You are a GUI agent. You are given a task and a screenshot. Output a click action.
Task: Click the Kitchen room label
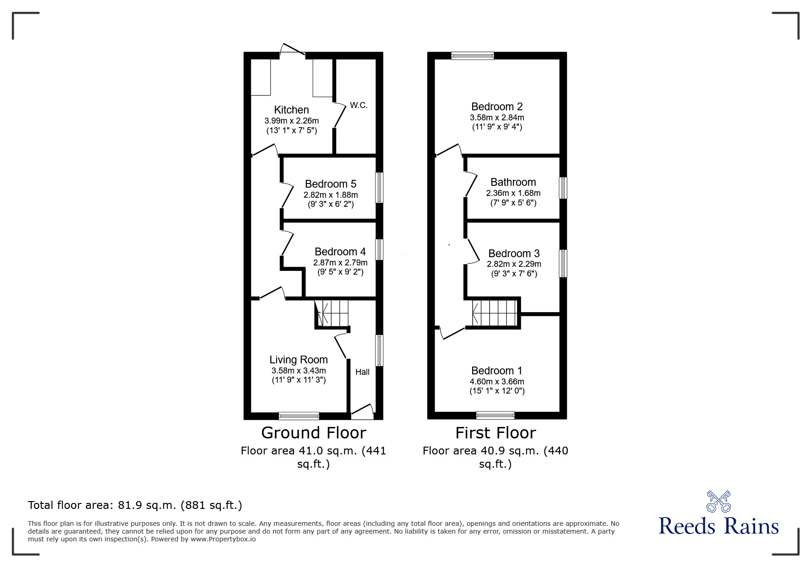click(291, 110)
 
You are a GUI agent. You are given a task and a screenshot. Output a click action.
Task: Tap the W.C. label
click(359, 105)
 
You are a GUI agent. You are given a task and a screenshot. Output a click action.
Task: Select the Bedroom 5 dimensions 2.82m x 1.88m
click(331, 194)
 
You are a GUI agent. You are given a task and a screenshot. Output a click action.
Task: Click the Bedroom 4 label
click(340, 252)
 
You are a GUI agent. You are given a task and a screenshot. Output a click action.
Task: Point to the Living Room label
click(298, 360)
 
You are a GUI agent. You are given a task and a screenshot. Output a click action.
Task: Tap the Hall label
click(362, 372)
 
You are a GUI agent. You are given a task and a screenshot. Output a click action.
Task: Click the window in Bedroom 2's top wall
click(473, 56)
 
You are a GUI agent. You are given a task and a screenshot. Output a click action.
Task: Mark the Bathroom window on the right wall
click(563, 188)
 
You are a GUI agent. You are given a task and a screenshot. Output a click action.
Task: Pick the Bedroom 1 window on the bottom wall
click(495, 415)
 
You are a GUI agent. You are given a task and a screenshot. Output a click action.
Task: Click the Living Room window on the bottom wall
click(299, 416)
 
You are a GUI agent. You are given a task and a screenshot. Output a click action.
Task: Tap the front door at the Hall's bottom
click(362, 411)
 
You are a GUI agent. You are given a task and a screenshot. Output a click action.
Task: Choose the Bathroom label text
click(513, 182)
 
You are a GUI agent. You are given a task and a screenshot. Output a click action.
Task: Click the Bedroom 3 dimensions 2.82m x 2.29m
click(513, 264)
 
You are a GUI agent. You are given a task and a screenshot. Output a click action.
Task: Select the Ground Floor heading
click(313, 433)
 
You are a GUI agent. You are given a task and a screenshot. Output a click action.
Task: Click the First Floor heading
click(495, 433)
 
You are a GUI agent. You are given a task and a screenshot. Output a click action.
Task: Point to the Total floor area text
click(135, 505)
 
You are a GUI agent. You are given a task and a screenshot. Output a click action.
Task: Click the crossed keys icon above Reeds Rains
click(718, 502)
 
